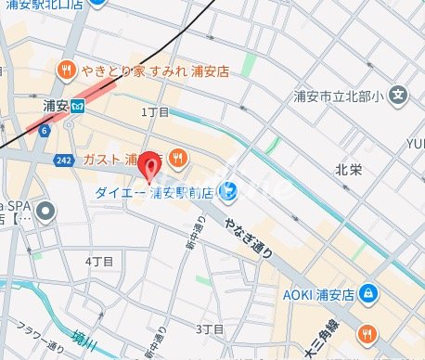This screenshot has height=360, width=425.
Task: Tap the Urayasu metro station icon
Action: tap(78, 105)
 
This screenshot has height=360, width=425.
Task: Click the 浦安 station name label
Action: tap(56, 106)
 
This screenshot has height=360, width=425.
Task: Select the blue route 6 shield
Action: tap(44, 130)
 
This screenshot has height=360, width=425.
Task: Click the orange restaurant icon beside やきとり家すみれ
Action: tap(67, 70)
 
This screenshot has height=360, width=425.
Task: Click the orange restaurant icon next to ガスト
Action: tap(177, 157)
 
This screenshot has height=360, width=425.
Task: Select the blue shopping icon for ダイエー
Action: tap(228, 192)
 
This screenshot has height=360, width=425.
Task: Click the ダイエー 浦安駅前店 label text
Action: tap(153, 192)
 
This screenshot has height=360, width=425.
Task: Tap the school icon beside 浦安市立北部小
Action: tap(398, 94)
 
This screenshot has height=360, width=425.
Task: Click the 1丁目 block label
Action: tap(155, 111)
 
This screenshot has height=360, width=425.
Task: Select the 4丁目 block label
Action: tap(98, 262)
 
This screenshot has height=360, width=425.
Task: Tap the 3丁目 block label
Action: tap(210, 329)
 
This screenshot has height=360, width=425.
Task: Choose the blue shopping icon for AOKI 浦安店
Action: tap(369, 294)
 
